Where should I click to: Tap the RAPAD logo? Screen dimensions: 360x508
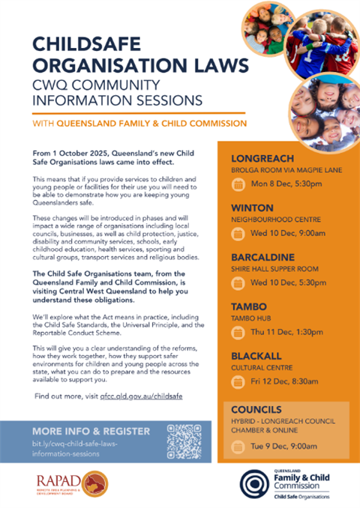tap(67, 483)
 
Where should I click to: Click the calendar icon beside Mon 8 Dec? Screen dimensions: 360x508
tap(238, 184)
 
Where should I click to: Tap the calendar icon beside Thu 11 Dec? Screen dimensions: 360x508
tap(238, 332)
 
